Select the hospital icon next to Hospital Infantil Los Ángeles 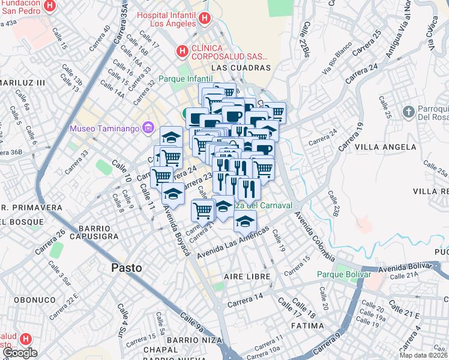(x=205, y=19)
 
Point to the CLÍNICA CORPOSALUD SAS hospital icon (x=182, y=52)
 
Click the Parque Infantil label (x=185, y=79)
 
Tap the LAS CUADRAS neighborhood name (x=237, y=68)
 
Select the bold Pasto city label (x=127, y=268)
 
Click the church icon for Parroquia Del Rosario (x=408, y=112)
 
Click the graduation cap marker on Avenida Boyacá (x=173, y=194)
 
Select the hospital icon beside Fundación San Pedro (x=50, y=7)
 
